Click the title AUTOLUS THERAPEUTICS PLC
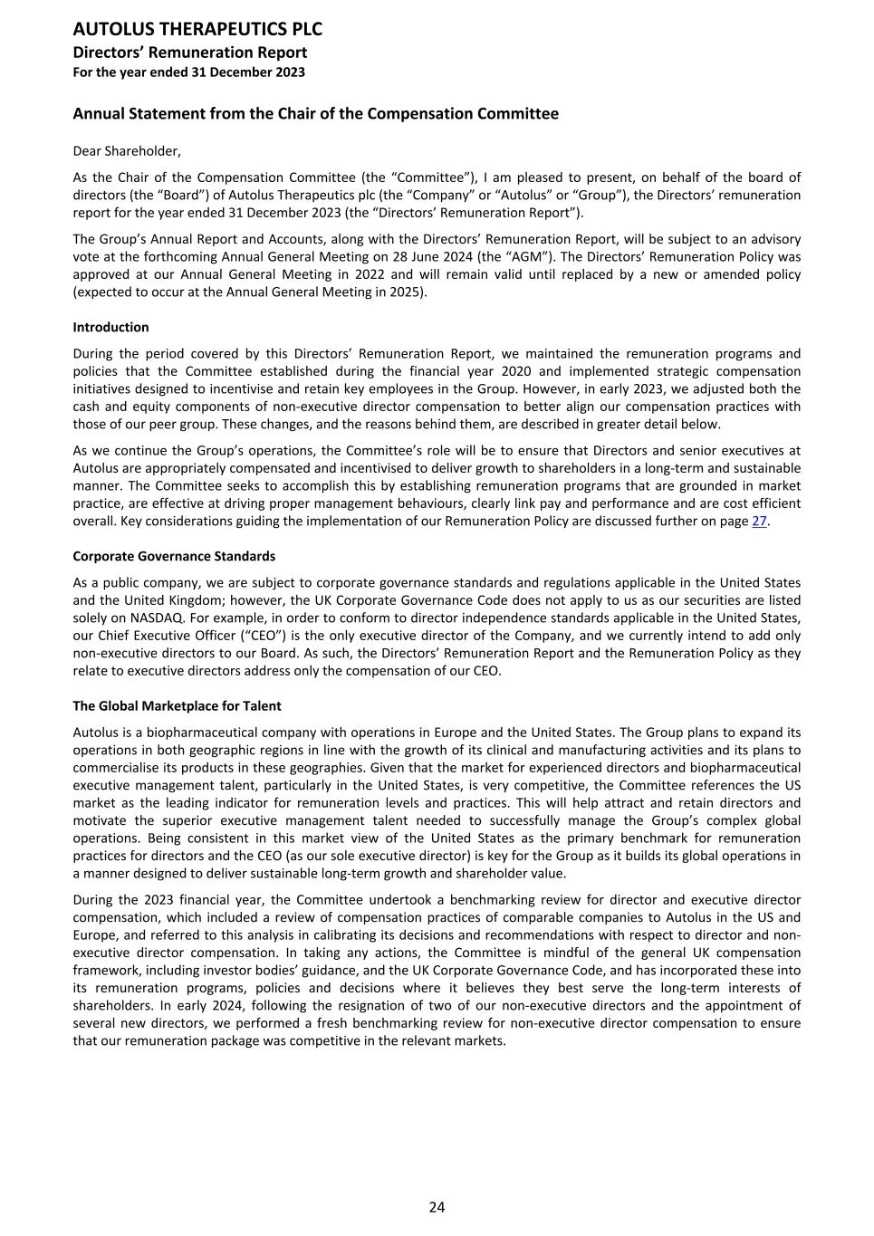point(197,29)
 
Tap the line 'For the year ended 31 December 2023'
point(188,72)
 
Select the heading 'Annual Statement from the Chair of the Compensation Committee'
point(315,114)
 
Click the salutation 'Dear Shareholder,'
point(127,151)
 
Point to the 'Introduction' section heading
point(110,327)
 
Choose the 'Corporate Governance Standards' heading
point(174,556)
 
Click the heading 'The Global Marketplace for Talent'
point(177,706)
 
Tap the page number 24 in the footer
point(437,1207)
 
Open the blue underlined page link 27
point(759,522)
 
